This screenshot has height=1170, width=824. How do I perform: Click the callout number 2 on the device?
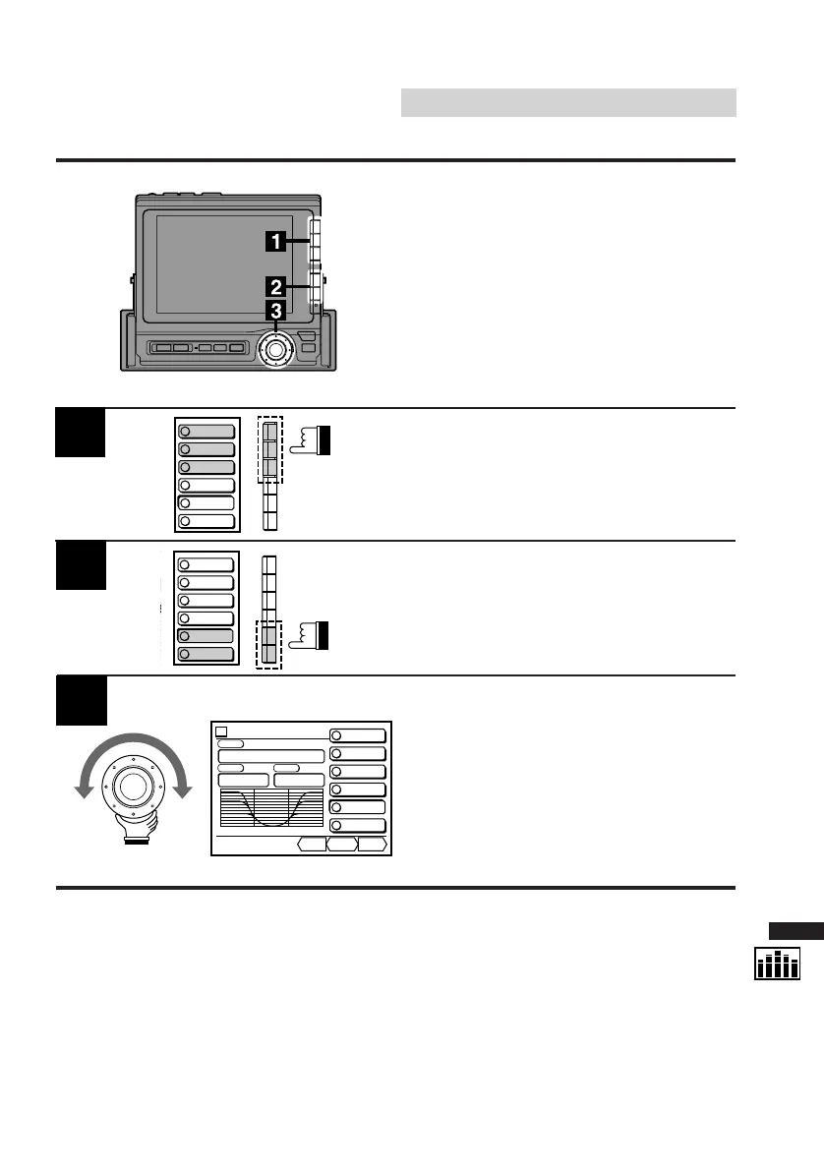coord(277,287)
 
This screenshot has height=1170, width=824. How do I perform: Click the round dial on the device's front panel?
coord(276,349)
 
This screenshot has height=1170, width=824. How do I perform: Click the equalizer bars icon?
coord(778,964)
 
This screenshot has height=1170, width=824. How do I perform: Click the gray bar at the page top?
coord(568,102)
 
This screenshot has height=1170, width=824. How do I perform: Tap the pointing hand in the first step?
coord(313,440)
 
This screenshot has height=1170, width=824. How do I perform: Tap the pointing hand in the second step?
coord(313,636)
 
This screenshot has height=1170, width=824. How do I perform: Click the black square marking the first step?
coord(80,433)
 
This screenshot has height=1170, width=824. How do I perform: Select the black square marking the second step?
coord(80,565)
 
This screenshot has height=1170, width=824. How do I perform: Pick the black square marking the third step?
coord(80,700)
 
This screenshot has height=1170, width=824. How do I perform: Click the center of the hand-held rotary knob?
coord(133,788)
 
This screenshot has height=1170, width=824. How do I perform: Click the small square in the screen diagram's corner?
coord(222,731)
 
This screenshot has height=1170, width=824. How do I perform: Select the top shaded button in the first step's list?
coord(206,431)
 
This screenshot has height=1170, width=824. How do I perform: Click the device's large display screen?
coord(225,263)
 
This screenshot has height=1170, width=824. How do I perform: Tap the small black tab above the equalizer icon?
coord(795,931)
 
